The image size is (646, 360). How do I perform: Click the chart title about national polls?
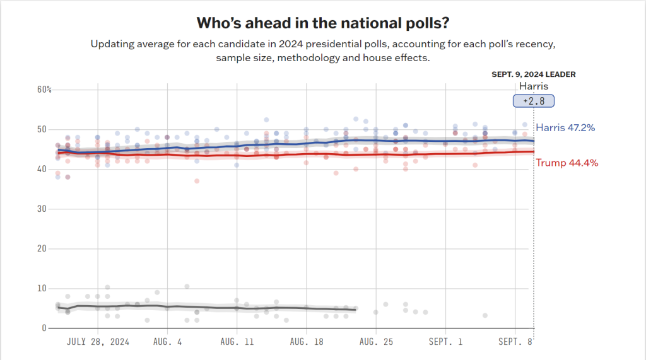tap(323, 23)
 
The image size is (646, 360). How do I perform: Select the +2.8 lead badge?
tap(533, 101)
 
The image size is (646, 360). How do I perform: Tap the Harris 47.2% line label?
tap(565, 128)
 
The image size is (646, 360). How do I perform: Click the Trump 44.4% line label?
tap(567, 163)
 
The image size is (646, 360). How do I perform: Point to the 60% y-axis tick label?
tap(44, 90)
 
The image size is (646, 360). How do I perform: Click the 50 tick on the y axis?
tap(42, 129)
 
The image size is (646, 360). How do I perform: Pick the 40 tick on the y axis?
tap(42, 169)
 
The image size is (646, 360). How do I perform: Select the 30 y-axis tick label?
tap(42, 209)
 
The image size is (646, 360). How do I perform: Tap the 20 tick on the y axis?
tap(42, 248)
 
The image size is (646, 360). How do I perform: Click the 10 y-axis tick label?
tap(42, 288)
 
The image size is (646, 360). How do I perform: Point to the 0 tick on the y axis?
tap(44, 328)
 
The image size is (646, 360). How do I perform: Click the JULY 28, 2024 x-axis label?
tap(98, 342)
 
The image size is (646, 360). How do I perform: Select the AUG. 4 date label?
tap(167, 342)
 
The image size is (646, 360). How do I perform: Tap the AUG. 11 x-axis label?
tap(237, 342)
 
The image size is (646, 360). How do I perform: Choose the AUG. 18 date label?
tap(306, 342)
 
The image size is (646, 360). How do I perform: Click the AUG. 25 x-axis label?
tap(375, 342)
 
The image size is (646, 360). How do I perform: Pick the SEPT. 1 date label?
tap(445, 342)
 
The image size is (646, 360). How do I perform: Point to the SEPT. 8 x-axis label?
tap(515, 342)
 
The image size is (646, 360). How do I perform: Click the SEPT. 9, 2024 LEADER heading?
tap(533, 74)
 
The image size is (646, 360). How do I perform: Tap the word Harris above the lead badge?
tap(533, 86)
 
